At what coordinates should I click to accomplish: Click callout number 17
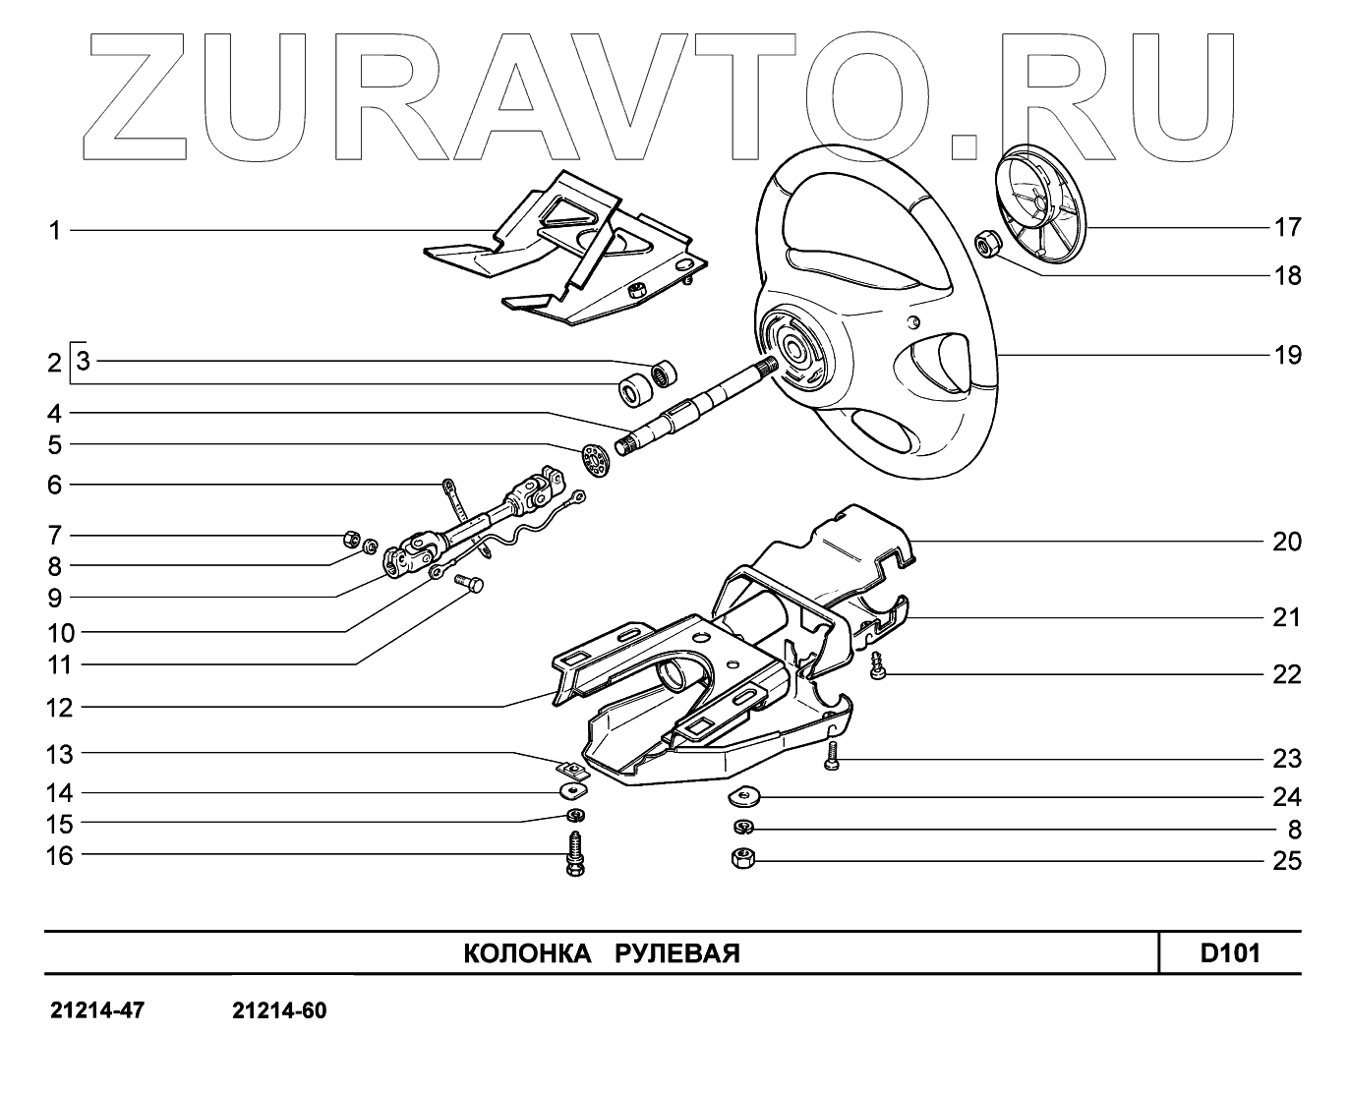[1286, 228]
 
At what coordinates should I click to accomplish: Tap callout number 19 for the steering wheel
[1286, 355]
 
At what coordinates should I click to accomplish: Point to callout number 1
[55, 231]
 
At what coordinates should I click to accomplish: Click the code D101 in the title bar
[1229, 952]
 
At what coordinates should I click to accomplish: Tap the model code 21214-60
[279, 1010]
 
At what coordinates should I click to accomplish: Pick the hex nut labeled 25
[743, 858]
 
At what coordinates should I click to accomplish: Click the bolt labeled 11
[471, 586]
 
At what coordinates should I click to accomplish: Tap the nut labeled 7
[348, 537]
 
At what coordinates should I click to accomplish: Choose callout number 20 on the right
[1286, 542]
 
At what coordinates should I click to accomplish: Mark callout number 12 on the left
[60, 708]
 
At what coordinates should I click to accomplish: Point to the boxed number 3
[83, 361]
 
